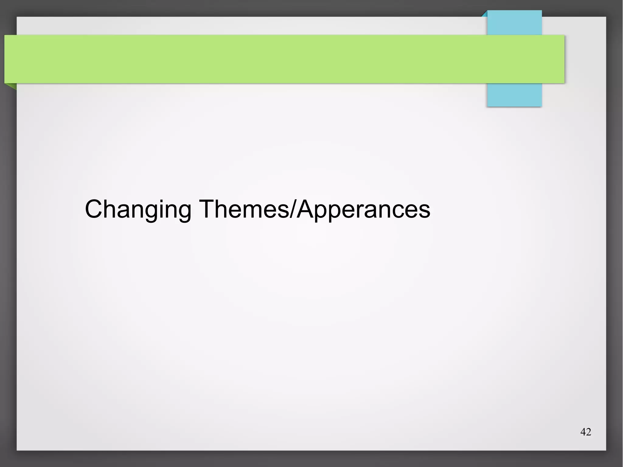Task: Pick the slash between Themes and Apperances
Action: (292, 209)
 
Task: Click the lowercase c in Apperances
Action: (396, 211)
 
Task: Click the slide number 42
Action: (586, 432)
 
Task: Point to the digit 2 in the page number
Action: (589, 432)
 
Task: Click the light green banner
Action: (274, 59)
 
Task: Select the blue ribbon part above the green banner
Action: (514, 23)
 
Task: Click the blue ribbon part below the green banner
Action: (514, 95)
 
